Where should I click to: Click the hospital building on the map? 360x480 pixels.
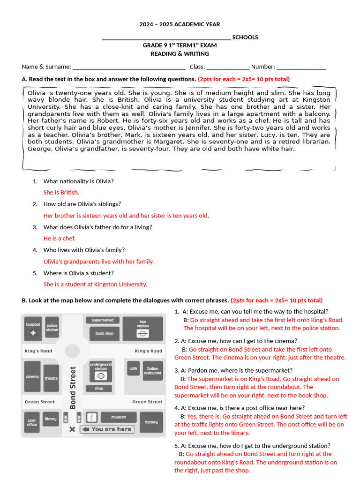(33, 329)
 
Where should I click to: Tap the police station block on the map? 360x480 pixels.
(52, 328)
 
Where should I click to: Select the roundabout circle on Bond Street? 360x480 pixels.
(72, 351)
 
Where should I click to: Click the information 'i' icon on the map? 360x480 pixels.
(92, 418)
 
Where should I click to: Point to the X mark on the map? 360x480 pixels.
(72, 429)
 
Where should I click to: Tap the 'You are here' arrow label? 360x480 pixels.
(107, 429)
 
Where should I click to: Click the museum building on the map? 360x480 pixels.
(118, 417)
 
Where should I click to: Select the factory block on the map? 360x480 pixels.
(151, 422)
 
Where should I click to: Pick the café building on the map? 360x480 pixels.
(134, 368)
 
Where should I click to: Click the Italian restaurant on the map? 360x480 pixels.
(153, 371)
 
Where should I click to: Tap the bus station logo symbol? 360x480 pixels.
(142, 334)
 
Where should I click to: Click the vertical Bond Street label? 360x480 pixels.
(73, 388)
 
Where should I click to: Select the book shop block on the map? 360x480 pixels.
(104, 334)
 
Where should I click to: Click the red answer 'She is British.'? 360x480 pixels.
(61, 192)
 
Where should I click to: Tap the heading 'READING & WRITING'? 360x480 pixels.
(180, 54)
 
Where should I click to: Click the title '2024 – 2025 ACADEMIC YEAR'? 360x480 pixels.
(180, 24)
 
